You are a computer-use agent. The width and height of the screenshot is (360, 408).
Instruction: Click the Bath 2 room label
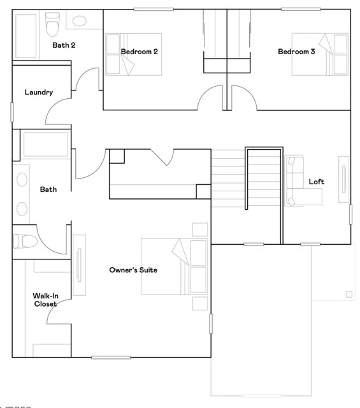click(x=64, y=45)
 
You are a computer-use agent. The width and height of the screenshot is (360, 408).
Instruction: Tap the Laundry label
click(x=38, y=92)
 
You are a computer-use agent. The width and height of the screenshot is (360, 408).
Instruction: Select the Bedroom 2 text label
click(x=140, y=52)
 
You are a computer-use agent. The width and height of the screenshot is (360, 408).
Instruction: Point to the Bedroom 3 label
click(x=296, y=52)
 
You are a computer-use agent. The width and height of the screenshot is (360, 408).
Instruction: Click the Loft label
click(x=317, y=182)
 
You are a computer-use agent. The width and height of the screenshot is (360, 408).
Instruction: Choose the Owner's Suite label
click(x=133, y=270)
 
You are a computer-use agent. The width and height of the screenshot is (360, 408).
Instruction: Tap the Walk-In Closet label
click(x=45, y=300)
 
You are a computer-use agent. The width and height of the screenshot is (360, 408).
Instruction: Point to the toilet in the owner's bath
click(x=23, y=242)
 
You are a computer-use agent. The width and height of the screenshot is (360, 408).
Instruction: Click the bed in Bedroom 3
click(x=312, y=53)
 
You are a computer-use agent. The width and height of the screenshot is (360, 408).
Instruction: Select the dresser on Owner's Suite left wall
click(x=79, y=265)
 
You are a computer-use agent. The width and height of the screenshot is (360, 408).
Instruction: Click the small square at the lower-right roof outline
click(x=349, y=295)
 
